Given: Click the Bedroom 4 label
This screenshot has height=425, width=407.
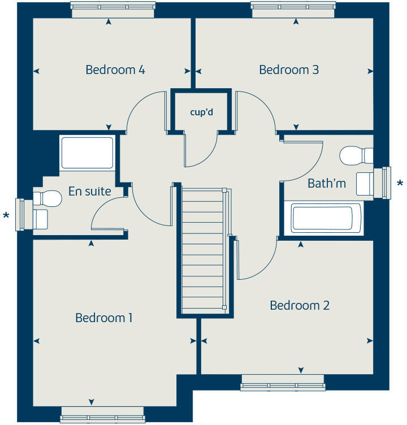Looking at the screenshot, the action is click(115, 70).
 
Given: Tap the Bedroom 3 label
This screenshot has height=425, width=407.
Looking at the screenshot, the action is click(289, 70).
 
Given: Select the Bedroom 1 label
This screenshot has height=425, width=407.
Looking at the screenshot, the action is click(104, 318).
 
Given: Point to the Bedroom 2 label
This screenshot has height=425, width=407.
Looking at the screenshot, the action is click(300, 306).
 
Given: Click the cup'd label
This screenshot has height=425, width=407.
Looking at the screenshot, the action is click(201, 111).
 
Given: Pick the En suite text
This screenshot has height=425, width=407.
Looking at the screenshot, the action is click(90, 192).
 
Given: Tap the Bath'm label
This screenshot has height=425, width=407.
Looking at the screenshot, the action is click(327, 184).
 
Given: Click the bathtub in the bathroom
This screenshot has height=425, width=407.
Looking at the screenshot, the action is click(321, 219).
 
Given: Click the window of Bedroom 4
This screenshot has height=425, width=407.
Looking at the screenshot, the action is click(113, 7).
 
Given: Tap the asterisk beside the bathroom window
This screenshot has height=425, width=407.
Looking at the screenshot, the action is click(401, 184).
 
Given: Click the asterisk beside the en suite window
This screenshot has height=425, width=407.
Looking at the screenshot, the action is click(7, 215).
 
